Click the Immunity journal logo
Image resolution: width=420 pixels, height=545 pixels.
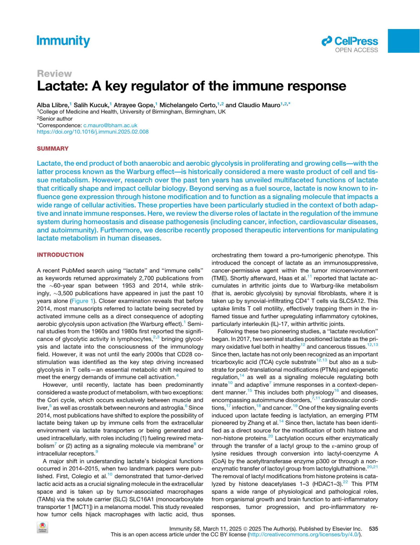tap(63, 41)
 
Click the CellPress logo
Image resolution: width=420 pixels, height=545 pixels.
tap(350, 41)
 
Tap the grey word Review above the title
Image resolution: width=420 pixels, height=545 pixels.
tap(54, 74)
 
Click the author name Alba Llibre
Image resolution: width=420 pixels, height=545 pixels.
tap(52, 105)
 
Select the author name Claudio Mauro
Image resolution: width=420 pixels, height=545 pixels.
tap(259, 105)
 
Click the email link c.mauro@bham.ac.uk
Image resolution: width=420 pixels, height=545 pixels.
tap(110, 125)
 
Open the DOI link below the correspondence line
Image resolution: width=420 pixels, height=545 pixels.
tap(93, 132)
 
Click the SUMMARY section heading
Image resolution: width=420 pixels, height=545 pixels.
tap(52, 148)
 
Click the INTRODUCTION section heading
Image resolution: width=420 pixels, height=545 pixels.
tap(60, 255)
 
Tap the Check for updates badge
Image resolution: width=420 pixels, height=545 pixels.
tap(42, 527)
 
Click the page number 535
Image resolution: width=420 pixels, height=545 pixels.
tap(373, 529)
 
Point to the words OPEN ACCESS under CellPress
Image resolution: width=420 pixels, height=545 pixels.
tap(356, 50)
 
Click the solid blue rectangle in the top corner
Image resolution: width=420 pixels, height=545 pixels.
tap(404, 41)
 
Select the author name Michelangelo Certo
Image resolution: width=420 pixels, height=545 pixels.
tap(188, 105)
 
